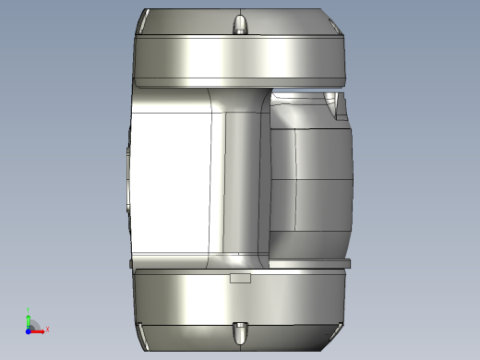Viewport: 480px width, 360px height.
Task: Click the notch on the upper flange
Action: point(240,23)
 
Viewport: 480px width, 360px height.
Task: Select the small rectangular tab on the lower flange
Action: point(240,276)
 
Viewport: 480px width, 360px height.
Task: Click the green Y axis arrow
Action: point(29,316)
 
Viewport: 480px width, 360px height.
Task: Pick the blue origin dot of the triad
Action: point(29,329)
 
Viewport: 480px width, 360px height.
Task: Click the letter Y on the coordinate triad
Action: point(29,310)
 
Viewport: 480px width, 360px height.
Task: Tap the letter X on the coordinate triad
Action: point(47,329)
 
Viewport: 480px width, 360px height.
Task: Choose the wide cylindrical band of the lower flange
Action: point(240,300)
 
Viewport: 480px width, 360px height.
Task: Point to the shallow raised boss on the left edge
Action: point(126,180)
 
